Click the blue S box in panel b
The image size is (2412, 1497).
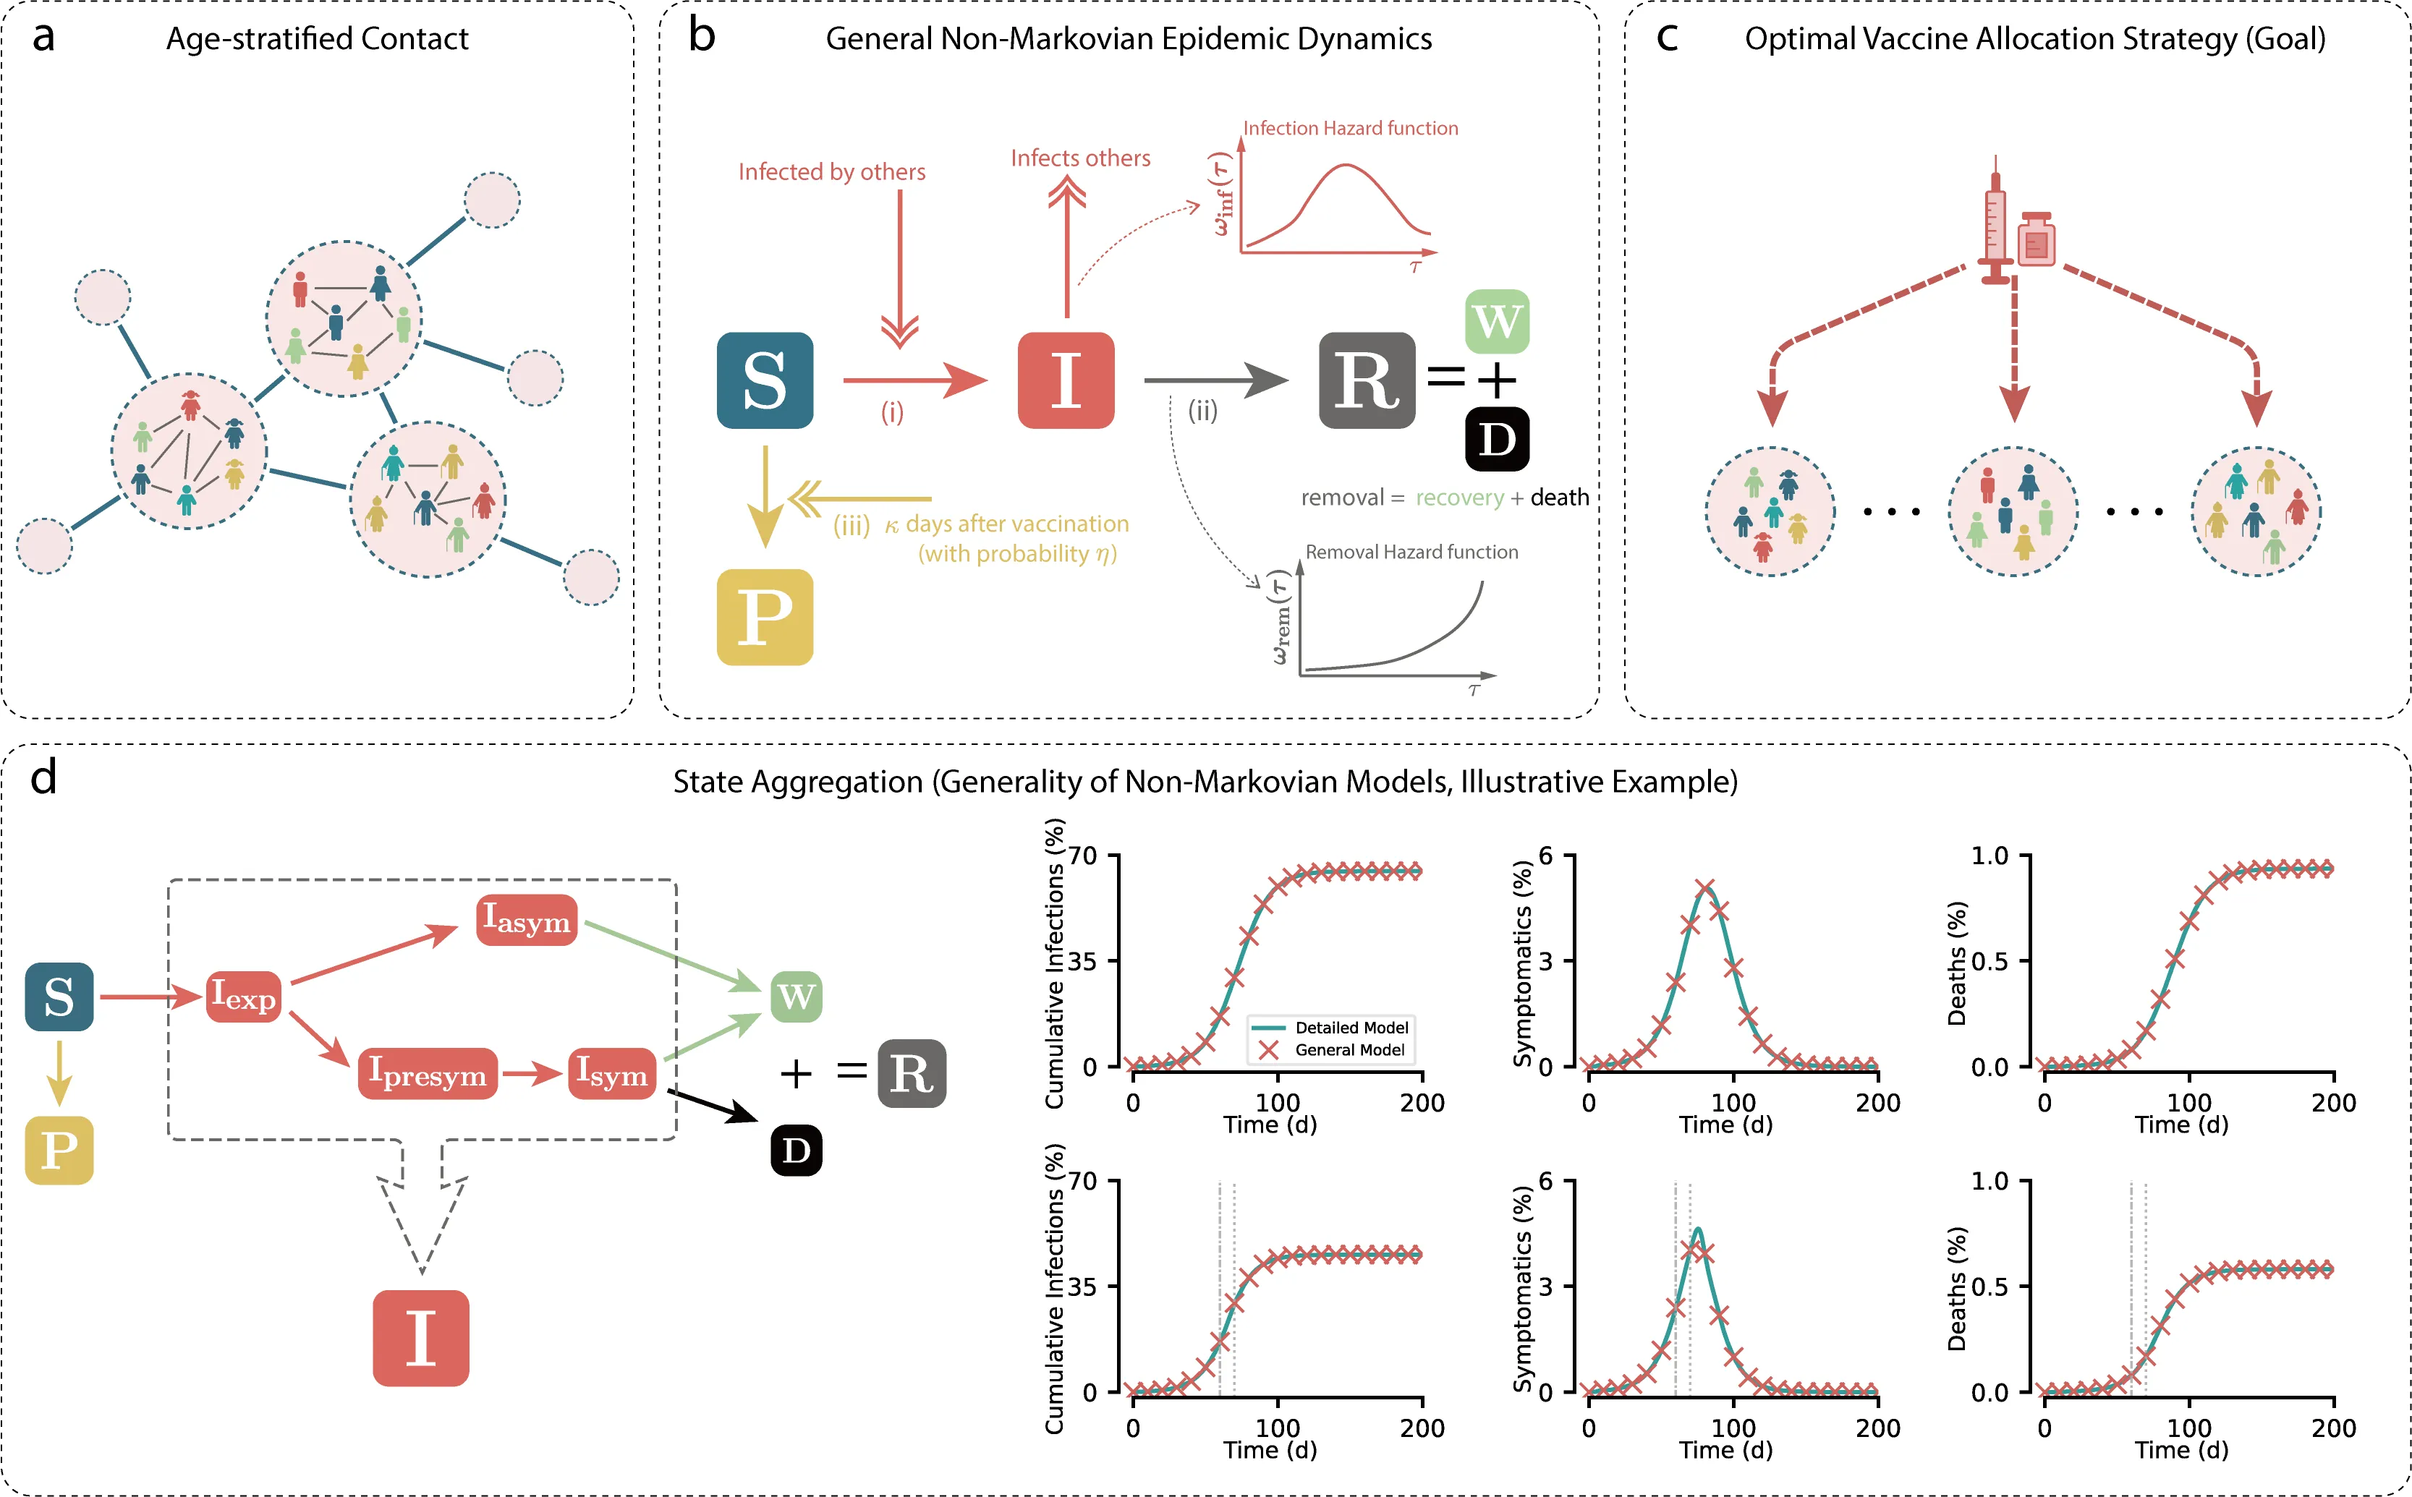point(765,380)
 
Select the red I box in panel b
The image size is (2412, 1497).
point(1066,380)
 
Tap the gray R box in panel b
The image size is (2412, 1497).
point(1367,380)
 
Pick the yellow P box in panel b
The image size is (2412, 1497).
point(765,617)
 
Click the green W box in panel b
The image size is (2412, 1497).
point(1496,322)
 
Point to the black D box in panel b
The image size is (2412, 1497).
point(1496,438)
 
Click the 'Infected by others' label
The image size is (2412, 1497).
point(832,172)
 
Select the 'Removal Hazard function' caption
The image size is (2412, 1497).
point(1411,553)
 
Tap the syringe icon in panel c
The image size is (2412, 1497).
point(1995,223)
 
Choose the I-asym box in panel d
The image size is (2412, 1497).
point(526,920)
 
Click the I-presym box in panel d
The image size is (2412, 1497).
point(427,1073)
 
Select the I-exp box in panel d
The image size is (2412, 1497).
point(242,996)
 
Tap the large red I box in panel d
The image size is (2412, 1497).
point(421,1338)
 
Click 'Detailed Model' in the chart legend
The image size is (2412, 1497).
point(1351,1028)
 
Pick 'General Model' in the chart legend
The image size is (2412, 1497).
point(1349,1049)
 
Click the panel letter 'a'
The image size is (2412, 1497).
point(43,38)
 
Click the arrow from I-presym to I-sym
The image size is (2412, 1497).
point(532,1073)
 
